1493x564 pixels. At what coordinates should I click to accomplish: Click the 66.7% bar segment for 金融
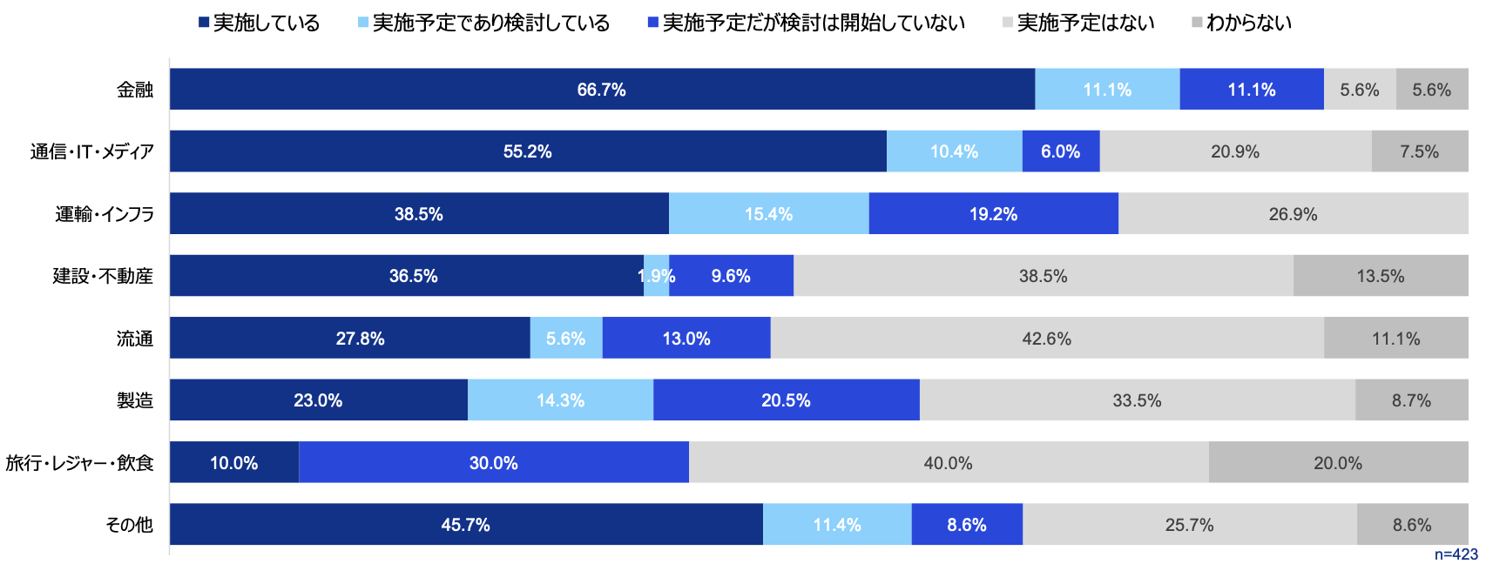click(x=601, y=90)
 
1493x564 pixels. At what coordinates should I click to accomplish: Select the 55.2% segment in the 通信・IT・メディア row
click(x=527, y=151)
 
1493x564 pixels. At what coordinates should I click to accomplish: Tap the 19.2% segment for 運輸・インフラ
click(x=993, y=214)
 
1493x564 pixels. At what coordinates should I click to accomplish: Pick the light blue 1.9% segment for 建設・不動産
click(x=656, y=276)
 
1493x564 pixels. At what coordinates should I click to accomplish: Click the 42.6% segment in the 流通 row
click(x=1046, y=339)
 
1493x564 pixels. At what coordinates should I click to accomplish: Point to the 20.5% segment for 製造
click(x=786, y=400)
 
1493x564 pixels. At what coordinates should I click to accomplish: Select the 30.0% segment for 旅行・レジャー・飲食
click(x=493, y=463)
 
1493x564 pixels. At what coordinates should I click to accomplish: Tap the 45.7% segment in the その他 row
click(x=465, y=525)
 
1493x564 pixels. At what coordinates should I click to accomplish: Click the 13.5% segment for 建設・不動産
click(x=1380, y=276)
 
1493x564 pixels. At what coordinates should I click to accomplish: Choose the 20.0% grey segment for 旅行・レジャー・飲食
click(x=1337, y=463)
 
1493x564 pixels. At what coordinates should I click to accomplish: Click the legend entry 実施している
click(x=259, y=23)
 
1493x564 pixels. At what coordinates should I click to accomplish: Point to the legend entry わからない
click(x=1241, y=23)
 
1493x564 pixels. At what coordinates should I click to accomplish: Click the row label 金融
click(x=135, y=90)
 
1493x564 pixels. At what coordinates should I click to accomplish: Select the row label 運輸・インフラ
click(x=105, y=214)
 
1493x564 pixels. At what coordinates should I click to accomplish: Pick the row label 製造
click(x=135, y=400)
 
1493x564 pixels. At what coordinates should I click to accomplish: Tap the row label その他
click(x=129, y=525)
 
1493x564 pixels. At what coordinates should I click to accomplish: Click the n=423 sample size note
click(x=1456, y=554)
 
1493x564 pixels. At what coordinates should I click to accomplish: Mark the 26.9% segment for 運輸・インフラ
click(x=1293, y=214)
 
